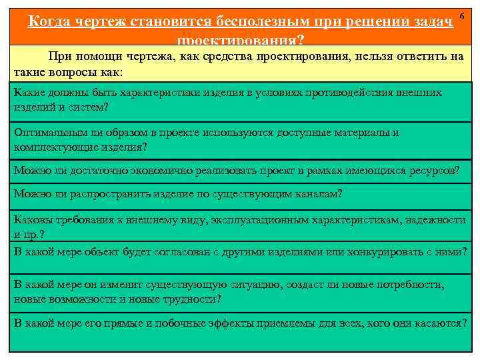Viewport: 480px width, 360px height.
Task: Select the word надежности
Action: click(x=433, y=220)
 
